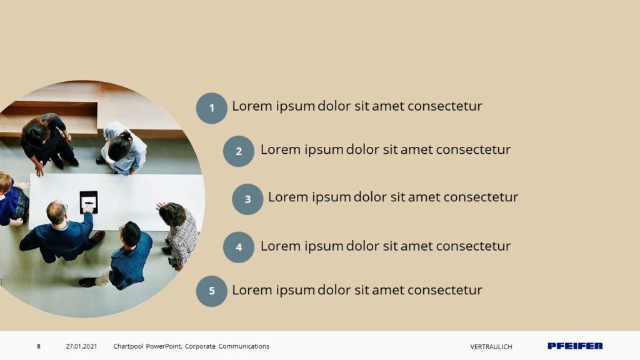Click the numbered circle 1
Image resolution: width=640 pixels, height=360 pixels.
tap(211, 108)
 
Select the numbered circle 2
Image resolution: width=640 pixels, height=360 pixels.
tap(239, 151)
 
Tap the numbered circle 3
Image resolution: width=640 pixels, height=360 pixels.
tap(247, 199)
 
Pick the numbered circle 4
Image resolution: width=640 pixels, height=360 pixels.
tap(239, 247)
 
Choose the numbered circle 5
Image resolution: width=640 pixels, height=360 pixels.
tap(211, 291)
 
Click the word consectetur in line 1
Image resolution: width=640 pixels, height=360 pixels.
tap(445, 106)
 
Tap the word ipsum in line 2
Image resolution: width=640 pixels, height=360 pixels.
tap(324, 150)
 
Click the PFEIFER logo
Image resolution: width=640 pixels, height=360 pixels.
tap(575, 346)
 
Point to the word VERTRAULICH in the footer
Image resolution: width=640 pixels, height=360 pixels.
tap(491, 347)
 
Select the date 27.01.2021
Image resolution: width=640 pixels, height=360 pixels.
tap(82, 346)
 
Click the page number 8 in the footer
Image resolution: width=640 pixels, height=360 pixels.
tap(39, 346)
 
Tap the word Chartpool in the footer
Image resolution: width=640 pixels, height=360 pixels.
tap(128, 346)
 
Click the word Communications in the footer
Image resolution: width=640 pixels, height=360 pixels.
tap(244, 346)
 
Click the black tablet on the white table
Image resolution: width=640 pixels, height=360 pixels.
tap(89, 202)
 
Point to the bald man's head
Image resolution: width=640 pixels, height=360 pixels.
tap(57, 212)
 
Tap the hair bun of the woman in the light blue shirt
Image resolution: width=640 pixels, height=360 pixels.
tap(126, 136)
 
